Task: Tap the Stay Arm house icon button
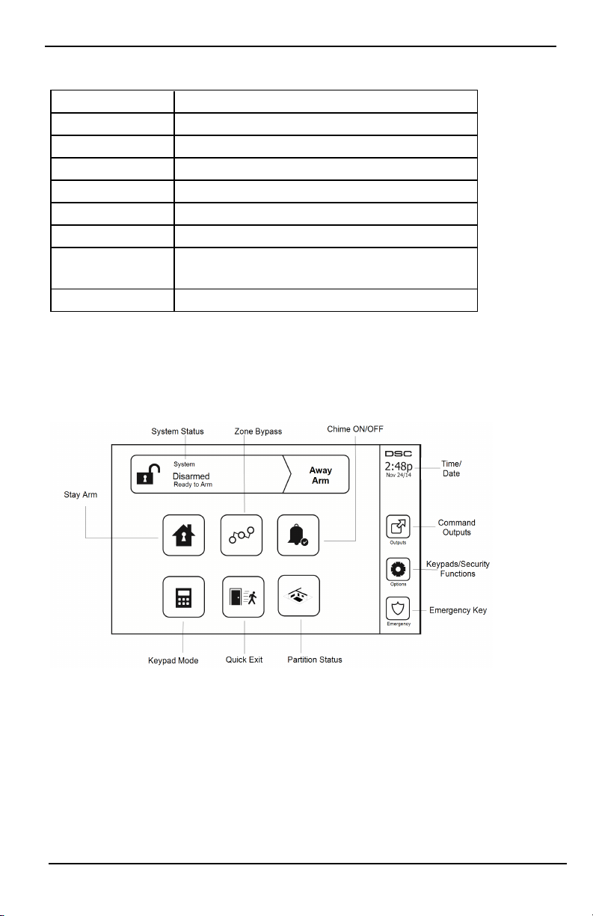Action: (183, 535)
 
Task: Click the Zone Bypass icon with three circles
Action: (241, 535)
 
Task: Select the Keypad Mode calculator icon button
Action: (183, 596)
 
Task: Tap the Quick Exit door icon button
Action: (241, 596)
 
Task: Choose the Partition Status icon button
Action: (298, 595)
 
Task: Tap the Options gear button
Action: (397, 569)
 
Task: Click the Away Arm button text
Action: (321, 476)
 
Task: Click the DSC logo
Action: (398, 454)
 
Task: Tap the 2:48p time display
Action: (398, 467)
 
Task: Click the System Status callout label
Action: (177, 431)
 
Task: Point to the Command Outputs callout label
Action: (456, 527)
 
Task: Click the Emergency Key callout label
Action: (458, 610)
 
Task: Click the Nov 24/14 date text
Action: (398, 478)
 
